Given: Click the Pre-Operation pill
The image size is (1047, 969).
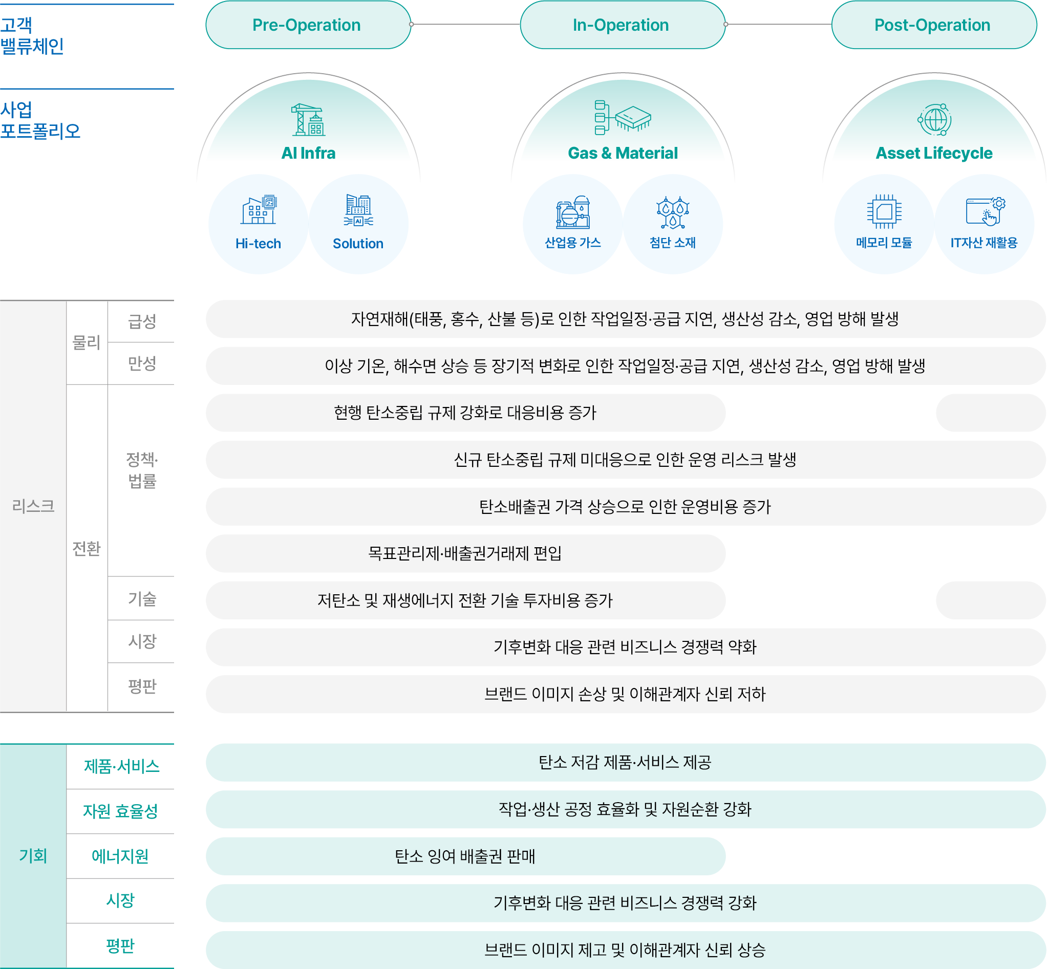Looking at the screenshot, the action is (x=308, y=25).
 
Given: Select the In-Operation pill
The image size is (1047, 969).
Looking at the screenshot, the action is (x=622, y=25).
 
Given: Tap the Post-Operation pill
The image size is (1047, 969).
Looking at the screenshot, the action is (x=934, y=25).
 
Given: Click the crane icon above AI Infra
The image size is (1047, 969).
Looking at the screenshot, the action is (x=308, y=120).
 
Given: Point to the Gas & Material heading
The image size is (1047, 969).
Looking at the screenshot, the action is (x=623, y=153).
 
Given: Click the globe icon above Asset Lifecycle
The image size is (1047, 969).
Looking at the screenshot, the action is (x=934, y=120).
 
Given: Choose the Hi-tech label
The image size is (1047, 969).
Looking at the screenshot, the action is (x=258, y=243).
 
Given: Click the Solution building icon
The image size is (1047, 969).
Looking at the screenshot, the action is (x=358, y=210).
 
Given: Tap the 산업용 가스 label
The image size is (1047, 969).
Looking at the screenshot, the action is (x=573, y=242).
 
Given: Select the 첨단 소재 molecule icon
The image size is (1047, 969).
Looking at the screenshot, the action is (x=672, y=212).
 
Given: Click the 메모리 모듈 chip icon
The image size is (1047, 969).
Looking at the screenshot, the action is (x=884, y=211).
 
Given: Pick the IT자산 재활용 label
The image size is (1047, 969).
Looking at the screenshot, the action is (x=984, y=242).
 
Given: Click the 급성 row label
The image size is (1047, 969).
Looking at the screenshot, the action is (x=142, y=321).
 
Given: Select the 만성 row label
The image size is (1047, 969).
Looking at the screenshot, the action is (x=142, y=363).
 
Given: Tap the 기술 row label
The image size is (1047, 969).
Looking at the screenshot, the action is (x=142, y=598).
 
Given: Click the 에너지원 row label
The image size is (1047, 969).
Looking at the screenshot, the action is (x=120, y=856).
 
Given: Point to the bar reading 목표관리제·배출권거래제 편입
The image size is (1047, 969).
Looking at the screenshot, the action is (x=466, y=553).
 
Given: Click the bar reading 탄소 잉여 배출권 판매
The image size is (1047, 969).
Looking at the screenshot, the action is (x=466, y=856).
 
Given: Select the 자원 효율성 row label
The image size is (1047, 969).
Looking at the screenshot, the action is (x=120, y=811).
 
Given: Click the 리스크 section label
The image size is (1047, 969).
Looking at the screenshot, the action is (x=33, y=505).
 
